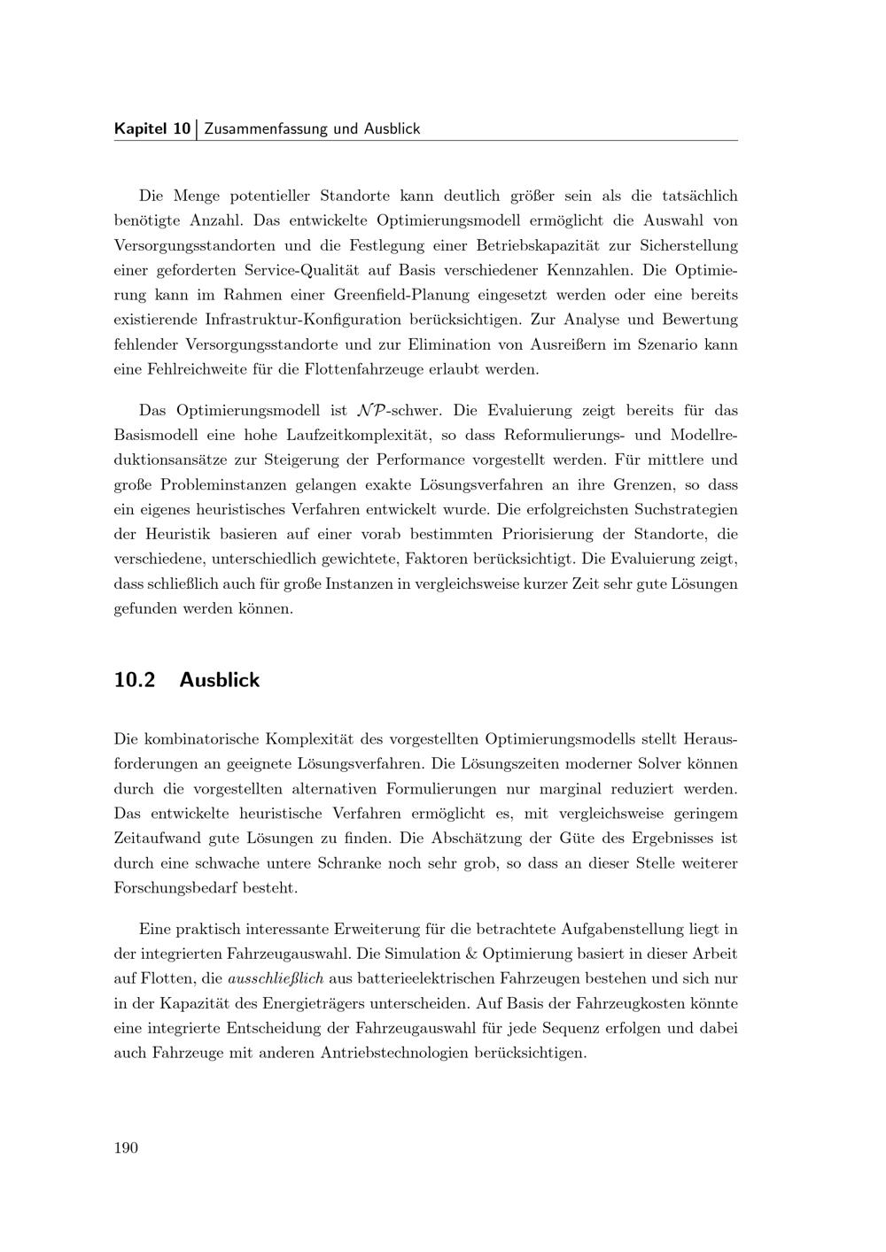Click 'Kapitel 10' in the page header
[152, 128]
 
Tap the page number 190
[126, 1148]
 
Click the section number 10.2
[135, 680]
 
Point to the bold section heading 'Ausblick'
[219, 680]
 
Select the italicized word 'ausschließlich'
[276, 979]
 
